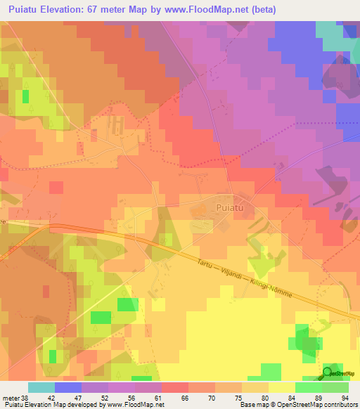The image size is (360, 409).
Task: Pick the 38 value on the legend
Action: click(26, 398)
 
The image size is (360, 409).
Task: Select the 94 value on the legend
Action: click(344, 398)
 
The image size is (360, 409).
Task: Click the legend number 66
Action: click(185, 398)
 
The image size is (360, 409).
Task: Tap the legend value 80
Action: click(264, 398)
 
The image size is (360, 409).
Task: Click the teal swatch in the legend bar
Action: click(41, 387)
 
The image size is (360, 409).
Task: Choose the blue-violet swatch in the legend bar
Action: click(68, 387)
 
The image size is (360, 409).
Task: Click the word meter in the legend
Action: click(11, 398)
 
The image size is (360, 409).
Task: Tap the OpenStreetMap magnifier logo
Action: click(328, 373)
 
